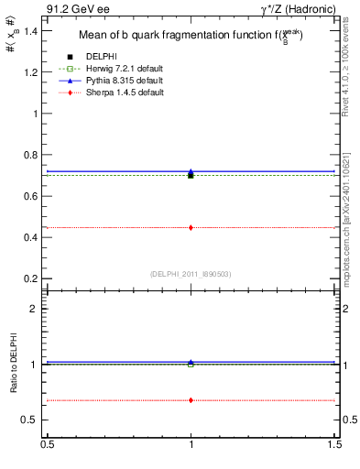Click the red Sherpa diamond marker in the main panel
click(191, 227)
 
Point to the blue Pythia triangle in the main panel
click(191, 171)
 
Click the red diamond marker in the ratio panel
click(191, 400)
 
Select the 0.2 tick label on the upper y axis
click(29, 278)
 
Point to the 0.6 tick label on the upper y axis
click(29, 196)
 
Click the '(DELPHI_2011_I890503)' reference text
click(191, 274)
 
